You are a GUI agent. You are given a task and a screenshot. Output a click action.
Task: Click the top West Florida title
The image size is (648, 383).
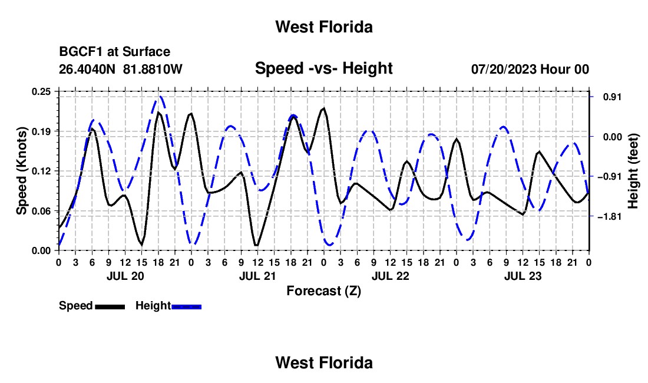click(x=324, y=27)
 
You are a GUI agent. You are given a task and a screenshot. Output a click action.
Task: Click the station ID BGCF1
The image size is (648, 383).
click(x=81, y=52)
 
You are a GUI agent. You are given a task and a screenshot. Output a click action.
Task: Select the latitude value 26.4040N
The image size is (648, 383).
click(x=87, y=69)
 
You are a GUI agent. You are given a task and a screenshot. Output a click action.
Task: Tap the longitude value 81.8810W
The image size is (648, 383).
click(x=153, y=69)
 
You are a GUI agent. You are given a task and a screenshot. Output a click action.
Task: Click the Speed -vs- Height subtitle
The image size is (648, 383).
click(x=323, y=68)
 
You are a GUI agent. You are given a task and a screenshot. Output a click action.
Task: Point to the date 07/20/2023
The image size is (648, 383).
click(x=504, y=69)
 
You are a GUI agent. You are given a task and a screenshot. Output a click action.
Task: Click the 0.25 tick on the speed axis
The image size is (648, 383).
click(x=41, y=91)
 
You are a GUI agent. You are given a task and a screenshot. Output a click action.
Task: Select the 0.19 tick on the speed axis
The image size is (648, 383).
click(x=41, y=131)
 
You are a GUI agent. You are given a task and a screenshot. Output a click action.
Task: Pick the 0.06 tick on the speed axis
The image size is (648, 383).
click(x=41, y=211)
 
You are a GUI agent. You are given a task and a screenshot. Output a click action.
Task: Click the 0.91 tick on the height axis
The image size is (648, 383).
click(x=612, y=97)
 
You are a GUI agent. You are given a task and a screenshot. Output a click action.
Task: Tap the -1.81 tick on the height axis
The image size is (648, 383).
click(x=609, y=216)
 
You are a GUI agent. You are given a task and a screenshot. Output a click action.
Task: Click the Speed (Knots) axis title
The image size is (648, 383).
click(x=21, y=171)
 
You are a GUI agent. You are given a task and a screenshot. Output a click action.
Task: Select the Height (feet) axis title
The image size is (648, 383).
click(x=633, y=171)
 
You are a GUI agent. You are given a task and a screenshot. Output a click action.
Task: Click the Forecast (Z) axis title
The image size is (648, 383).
click(x=323, y=291)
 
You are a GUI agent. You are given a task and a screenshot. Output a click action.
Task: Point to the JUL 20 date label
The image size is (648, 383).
click(x=125, y=276)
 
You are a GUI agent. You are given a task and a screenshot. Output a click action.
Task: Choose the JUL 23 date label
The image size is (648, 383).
click(x=523, y=276)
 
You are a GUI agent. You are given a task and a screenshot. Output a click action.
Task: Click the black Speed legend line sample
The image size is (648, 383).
click(x=110, y=306)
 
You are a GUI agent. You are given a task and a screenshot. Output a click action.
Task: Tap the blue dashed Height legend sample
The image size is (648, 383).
click(x=186, y=306)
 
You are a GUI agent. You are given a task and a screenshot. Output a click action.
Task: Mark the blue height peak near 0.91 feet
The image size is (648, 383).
click(x=159, y=97)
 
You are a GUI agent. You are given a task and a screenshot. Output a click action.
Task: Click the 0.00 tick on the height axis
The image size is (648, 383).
click(x=612, y=137)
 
